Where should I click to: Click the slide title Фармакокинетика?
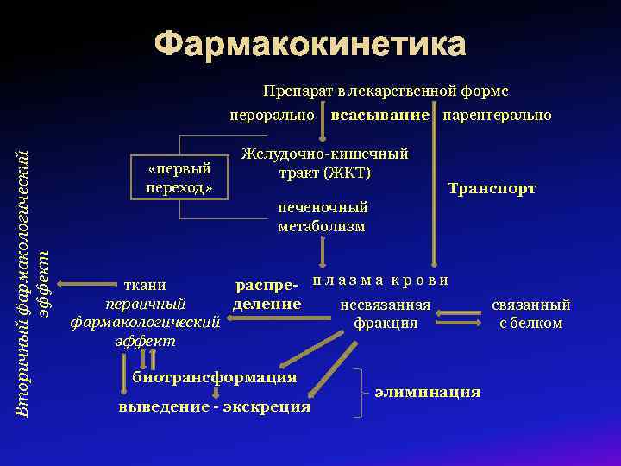[310, 44]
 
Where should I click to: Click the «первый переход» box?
[179, 178]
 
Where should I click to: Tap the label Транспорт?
[492, 189]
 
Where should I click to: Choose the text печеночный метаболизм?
[322, 217]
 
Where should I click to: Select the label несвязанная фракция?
[386, 314]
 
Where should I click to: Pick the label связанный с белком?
[531, 314]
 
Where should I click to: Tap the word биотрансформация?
[214, 377]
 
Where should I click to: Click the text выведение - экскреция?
[214, 406]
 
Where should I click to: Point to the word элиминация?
[428, 393]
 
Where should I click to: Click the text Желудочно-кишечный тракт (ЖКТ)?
[324, 163]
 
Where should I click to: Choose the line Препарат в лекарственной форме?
[386, 91]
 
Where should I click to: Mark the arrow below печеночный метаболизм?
[322, 253]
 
